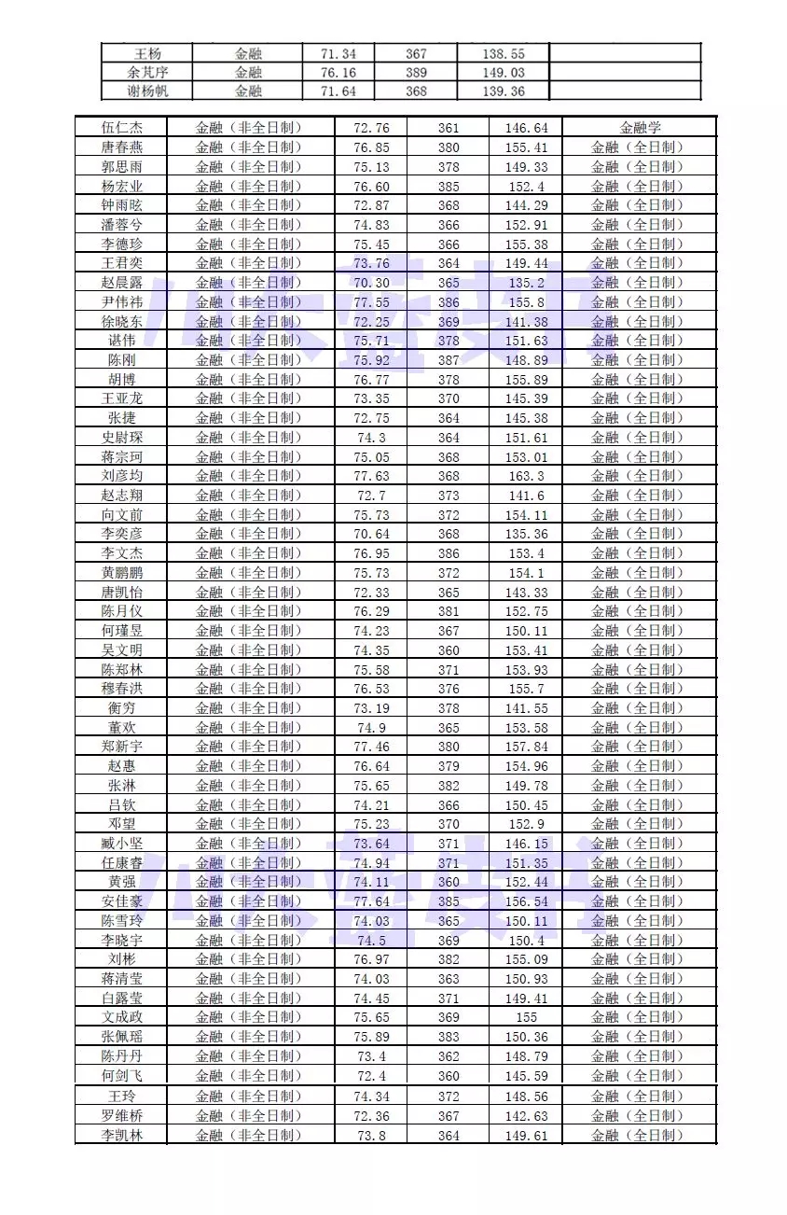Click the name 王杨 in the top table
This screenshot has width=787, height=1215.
click(147, 54)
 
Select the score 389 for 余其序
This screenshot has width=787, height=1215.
click(417, 73)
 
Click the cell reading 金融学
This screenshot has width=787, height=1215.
click(640, 128)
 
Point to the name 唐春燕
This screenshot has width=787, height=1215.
click(121, 147)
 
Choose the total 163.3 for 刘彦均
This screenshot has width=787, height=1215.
click(526, 476)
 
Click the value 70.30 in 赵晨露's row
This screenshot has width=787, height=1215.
click(371, 283)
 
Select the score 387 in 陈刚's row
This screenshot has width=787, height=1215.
click(449, 360)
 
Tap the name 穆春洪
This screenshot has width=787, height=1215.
click(121, 689)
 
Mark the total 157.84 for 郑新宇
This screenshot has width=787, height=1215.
click(526, 747)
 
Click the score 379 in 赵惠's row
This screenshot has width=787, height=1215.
click(449, 766)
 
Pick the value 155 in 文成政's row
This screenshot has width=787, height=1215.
click(526, 1017)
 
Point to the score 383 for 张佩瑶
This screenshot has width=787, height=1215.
click(449, 1037)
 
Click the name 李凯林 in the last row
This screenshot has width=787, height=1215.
click(121, 1135)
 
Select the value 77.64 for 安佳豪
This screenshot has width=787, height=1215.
click(371, 901)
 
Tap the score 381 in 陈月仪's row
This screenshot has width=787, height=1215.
click(449, 611)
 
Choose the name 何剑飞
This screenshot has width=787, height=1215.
click(121, 1075)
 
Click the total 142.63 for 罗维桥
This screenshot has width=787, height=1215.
click(526, 1116)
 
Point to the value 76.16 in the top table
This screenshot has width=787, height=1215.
click(338, 73)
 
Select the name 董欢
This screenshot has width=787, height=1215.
click(121, 728)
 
